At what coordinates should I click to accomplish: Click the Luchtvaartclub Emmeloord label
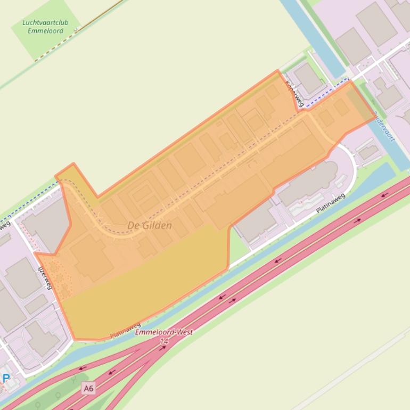pyautogui.click(x=45, y=27)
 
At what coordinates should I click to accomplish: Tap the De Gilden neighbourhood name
pyautogui.click(x=150, y=226)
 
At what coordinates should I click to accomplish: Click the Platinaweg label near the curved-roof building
pyautogui.click(x=330, y=203)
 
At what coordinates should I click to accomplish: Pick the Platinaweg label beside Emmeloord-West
pyautogui.click(x=126, y=330)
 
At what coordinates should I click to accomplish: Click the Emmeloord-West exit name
pyautogui.click(x=164, y=332)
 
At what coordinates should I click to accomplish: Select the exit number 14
pyautogui.click(x=163, y=341)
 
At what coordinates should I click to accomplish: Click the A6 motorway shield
pyautogui.click(x=88, y=389)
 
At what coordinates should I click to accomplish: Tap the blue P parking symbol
pyautogui.click(x=6, y=379)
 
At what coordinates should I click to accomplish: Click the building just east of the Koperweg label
pyautogui.click(x=309, y=79)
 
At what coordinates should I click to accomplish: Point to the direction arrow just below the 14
pyautogui.click(x=163, y=348)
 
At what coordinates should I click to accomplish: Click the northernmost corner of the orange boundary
pyautogui.click(x=277, y=70)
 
